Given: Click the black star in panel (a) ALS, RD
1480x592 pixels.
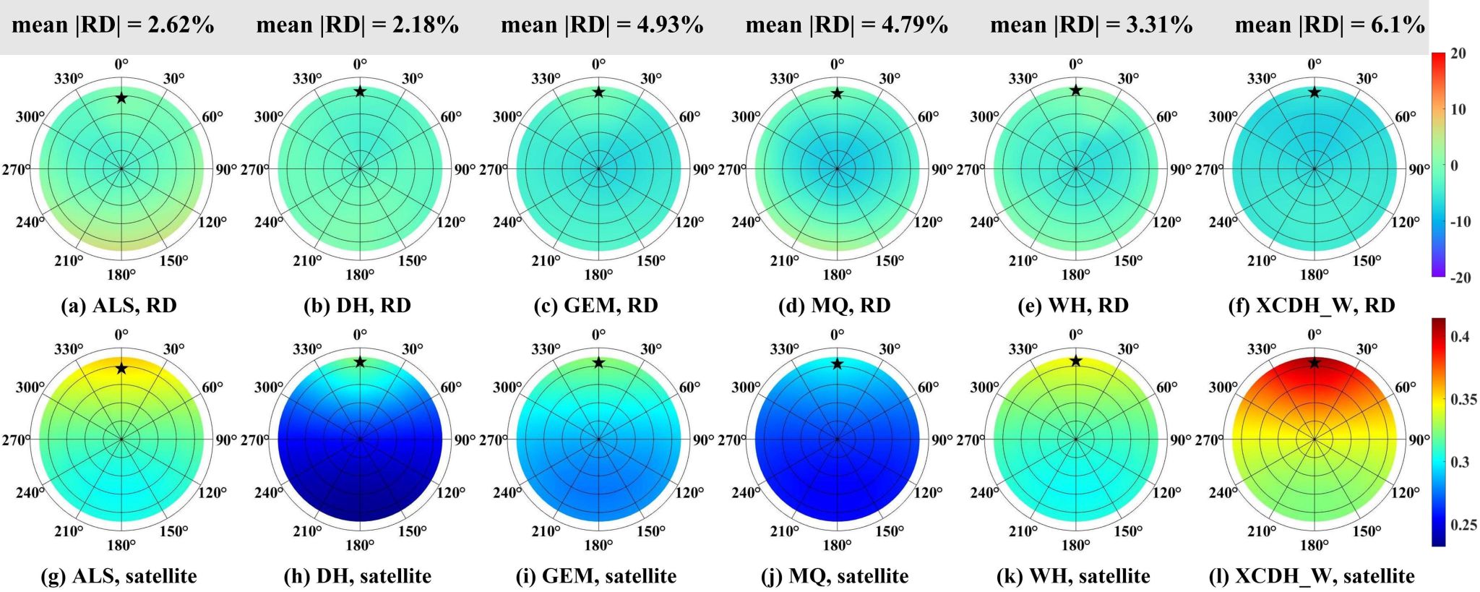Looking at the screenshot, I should point(121,98).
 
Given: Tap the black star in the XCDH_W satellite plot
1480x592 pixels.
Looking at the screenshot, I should point(1315,362).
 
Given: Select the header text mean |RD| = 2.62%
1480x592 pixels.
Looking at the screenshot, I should point(113,25).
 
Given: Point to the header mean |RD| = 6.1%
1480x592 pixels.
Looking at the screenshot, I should point(1330,25).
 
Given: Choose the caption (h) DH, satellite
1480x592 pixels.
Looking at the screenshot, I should point(358,576).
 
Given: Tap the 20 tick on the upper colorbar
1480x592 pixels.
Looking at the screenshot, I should point(1458,53).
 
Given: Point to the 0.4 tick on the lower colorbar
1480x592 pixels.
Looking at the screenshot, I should point(1460,336).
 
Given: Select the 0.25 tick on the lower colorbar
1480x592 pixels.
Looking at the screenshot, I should point(1463,525).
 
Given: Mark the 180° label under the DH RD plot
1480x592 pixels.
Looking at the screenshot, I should point(360,275).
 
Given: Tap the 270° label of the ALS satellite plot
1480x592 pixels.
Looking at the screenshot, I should point(16,439).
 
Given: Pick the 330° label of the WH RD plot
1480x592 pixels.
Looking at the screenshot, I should point(1023,79).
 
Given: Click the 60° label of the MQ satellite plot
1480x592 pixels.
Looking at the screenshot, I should point(929,387).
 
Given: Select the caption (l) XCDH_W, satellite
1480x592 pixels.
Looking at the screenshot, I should point(1312,576).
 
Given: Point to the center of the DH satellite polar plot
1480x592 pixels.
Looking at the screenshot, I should point(360,439).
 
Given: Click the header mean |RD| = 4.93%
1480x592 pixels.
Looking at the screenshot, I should point(602,25).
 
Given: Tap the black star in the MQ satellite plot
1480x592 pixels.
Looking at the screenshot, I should point(837,364).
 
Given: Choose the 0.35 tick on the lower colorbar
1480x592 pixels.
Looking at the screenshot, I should point(1463,399).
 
